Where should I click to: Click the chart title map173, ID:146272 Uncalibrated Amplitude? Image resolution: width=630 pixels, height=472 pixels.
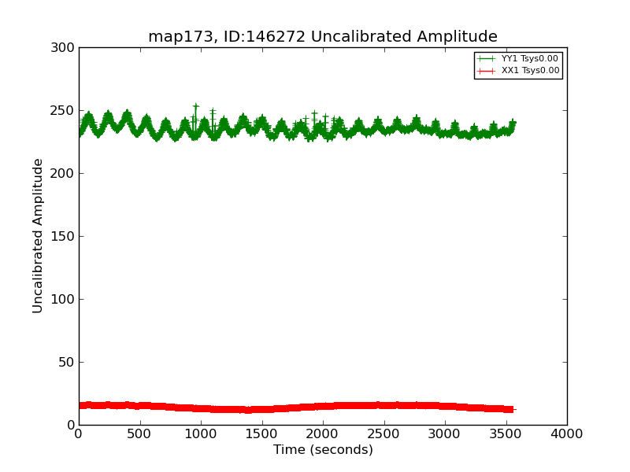[323, 37]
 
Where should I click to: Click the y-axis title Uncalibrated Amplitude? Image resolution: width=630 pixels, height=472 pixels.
[38, 236]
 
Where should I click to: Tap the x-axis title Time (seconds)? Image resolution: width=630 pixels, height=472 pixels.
[323, 450]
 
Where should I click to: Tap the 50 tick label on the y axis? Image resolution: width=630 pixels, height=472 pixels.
[67, 363]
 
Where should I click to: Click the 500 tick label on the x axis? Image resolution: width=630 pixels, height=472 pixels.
[139, 433]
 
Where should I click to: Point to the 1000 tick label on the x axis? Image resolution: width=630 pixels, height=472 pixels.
[201, 433]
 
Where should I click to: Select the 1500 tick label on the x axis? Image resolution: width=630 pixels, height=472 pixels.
[261, 433]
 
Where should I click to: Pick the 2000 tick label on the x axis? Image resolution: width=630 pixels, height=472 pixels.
[323, 433]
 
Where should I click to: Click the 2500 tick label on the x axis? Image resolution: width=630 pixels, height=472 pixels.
[384, 433]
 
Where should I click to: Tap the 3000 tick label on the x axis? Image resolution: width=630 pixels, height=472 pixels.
[445, 433]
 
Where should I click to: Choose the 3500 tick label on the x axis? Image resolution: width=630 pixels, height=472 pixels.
[506, 433]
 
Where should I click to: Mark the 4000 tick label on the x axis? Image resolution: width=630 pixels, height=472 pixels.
[567, 433]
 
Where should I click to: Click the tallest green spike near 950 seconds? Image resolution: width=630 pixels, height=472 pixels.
[195, 105]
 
